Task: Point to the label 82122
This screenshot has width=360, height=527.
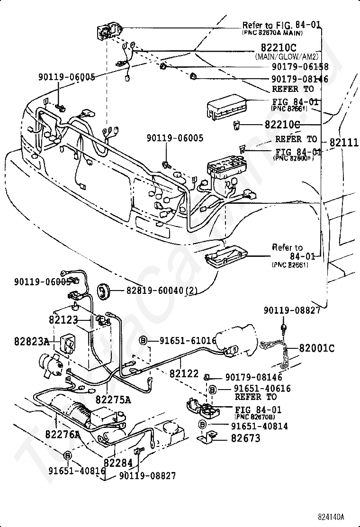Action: pyautogui.click(x=184, y=374)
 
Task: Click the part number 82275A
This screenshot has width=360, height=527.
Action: pyautogui.click(x=113, y=400)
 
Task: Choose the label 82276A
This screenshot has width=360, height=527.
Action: pyautogui.click(x=63, y=434)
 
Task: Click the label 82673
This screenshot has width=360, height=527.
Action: pyautogui.click(x=245, y=438)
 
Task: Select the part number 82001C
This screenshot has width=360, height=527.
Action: pyautogui.click(x=316, y=348)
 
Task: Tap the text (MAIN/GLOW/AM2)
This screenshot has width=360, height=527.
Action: pyautogui.click(x=286, y=56)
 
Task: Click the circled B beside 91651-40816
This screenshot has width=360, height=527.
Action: pyautogui.click(x=67, y=455)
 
